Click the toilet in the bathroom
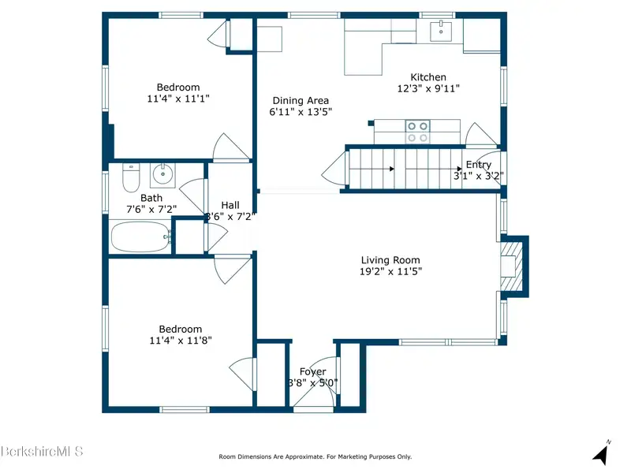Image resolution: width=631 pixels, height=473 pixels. click(x=131, y=177)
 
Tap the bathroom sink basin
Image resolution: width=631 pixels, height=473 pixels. click(x=162, y=174)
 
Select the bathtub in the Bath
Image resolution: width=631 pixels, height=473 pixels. click(x=140, y=237)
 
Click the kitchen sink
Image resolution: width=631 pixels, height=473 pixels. click(x=441, y=31)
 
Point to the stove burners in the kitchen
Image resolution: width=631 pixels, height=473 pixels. click(x=417, y=132)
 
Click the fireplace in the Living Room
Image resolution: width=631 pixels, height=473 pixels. click(x=511, y=266)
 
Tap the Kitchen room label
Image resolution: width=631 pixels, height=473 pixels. click(x=428, y=77)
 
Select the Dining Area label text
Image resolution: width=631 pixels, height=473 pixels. click(x=301, y=101)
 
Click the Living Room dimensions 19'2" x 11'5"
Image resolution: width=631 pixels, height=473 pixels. click(x=390, y=271)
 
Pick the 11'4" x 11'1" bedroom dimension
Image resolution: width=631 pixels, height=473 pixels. click(x=178, y=99)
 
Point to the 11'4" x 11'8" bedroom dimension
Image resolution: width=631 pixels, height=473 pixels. click(x=181, y=341)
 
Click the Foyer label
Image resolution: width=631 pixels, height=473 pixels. click(x=312, y=372)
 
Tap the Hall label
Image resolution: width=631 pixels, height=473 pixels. click(x=230, y=205)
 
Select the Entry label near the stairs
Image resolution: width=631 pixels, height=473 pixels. click(x=479, y=165)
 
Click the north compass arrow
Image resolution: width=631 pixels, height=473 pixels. click(x=601, y=453)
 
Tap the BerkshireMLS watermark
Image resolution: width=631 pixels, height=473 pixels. click(x=42, y=451)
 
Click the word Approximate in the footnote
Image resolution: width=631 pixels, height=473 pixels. click(x=304, y=457)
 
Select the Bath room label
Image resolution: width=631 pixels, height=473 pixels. click(x=151, y=198)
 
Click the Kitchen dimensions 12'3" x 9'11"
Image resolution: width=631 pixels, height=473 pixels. click(x=428, y=88)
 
